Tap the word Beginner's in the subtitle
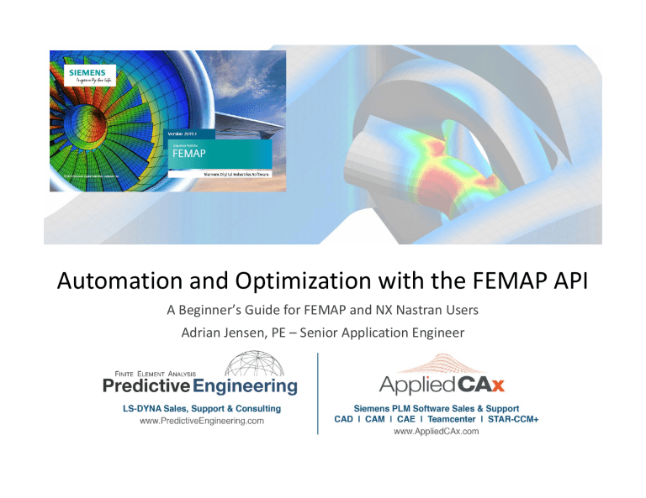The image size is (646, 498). click(252, 309)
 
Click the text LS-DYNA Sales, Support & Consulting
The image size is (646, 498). click(199, 406)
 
